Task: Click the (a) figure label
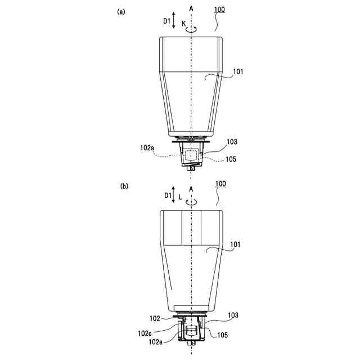pos(121,11)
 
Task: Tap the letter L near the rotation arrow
pos(180,197)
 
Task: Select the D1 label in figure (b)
pos(167,195)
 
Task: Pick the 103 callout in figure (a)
pos(232,141)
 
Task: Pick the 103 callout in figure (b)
pos(232,316)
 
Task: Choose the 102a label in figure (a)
pos(147,148)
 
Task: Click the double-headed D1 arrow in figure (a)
pos(174,21)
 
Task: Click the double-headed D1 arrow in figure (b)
pos(174,195)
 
